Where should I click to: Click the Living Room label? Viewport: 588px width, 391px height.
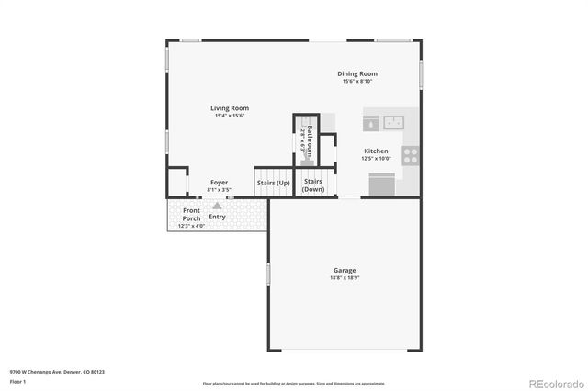click(x=232, y=108)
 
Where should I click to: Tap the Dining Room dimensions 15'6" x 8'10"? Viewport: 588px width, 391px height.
click(x=358, y=81)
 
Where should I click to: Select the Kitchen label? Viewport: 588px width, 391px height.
click(x=376, y=151)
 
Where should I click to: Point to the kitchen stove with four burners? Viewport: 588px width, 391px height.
click(x=411, y=155)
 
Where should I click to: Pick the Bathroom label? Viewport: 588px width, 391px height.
click(x=311, y=141)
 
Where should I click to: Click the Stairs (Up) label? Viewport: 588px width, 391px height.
click(x=274, y=183)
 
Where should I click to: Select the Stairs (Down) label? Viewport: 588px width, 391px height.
click(x=313, y=184)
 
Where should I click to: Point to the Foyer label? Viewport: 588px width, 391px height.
click(x=219, y=183)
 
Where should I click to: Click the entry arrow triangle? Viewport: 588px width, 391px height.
click(x=217, y=207)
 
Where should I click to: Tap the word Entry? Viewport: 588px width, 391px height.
click(x=217, y=217)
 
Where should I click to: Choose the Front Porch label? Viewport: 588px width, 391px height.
click(x=191, y=215)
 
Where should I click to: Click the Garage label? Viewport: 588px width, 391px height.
click(x=345, y=270)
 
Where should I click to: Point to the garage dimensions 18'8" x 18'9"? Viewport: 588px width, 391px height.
click(x=345, y=277)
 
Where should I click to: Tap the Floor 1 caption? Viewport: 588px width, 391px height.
click(x=18, y=381)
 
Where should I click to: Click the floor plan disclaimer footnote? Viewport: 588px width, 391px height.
click(x=293, y=383)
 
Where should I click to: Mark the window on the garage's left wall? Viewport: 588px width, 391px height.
click(x=268, y=274)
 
